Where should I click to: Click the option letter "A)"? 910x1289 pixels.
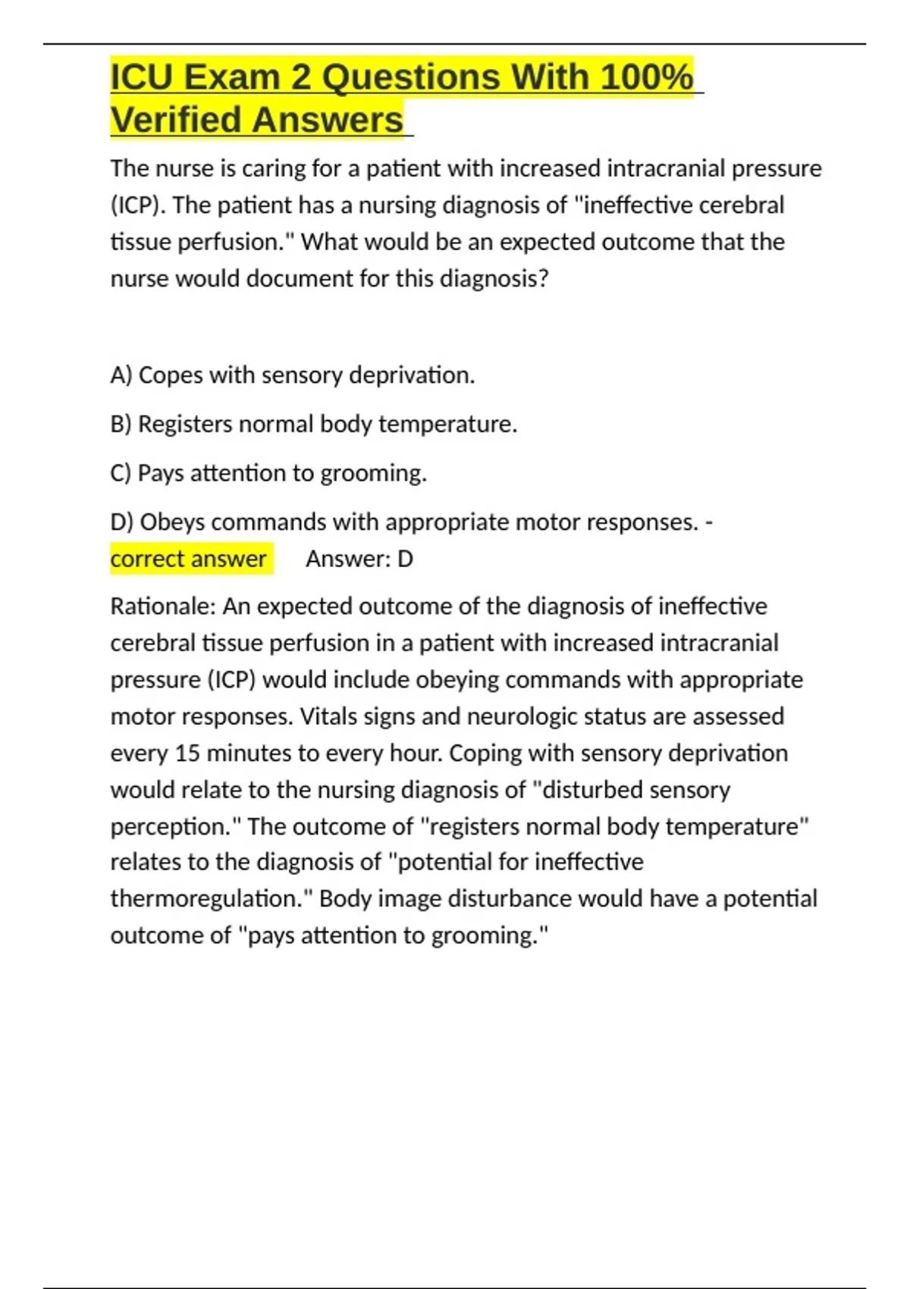coord(121,375)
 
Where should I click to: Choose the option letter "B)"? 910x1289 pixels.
coord(121,424)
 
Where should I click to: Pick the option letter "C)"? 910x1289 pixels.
coord(121,473)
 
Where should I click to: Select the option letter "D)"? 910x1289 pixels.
coord(122,522)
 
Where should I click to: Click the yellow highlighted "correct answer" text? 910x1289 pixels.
coord(188,559)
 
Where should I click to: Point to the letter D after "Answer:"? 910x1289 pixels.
coord(406,560)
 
